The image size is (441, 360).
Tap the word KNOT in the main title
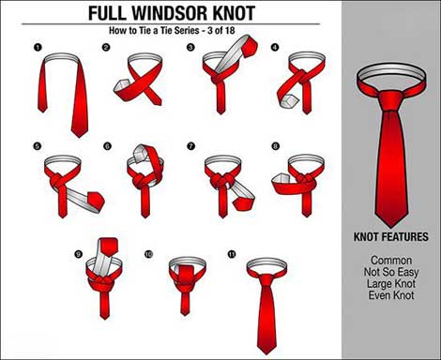pos(230,12)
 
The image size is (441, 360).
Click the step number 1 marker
pos(38,48)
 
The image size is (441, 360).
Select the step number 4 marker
pos(275,48)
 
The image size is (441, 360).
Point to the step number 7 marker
pos(190,146)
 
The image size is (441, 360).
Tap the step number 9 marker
pos(78,254)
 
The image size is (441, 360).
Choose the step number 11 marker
pos(232,254)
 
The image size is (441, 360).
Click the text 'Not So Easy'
pos(391,272)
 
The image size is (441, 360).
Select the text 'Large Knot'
pos(391,283)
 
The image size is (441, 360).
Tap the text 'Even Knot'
pos(391,295)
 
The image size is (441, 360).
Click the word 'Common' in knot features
pos(391,260)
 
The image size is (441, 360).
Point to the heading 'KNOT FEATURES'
pos(391,237)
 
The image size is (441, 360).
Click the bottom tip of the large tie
pos(391,227)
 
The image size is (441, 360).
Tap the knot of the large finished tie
pos(391,100)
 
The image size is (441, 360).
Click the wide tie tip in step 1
pos(80,133)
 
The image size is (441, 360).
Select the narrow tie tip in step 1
pos(42,110)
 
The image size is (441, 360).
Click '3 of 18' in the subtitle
pos(221,30)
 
